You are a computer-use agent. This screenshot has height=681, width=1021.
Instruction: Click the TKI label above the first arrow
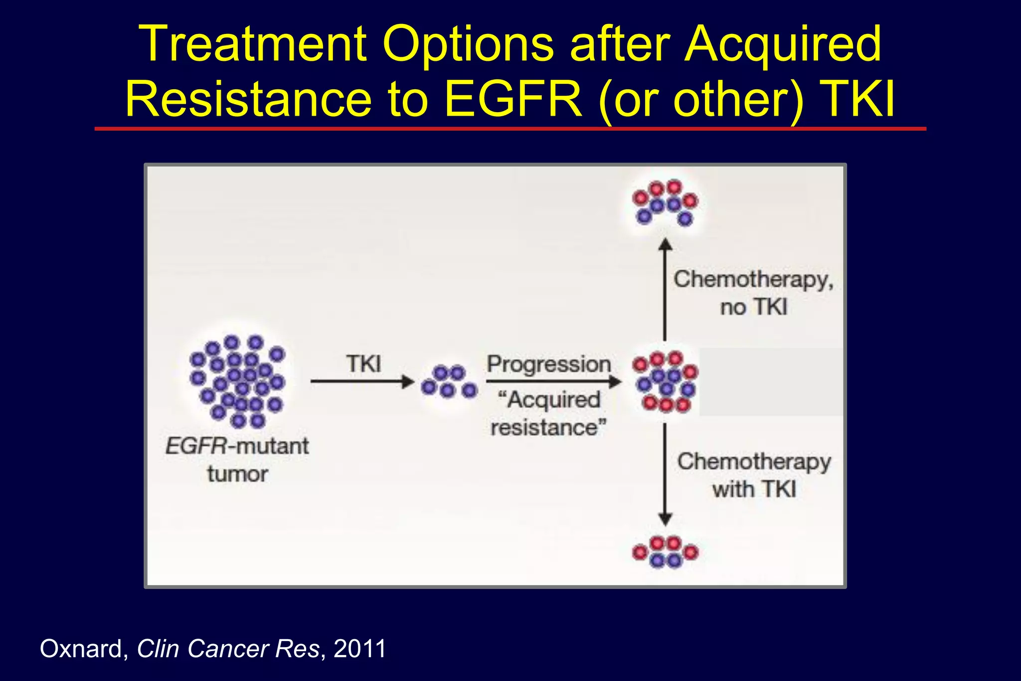pyautogui.click(x=363, y=363)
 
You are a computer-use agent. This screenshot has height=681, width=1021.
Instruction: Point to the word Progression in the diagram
pyautogui.click(x=549, y=363)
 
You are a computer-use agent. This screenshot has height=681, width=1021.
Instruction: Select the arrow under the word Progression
pyautogui.click(x=553, y=382)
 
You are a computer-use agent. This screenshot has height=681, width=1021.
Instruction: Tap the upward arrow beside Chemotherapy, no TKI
pyautogui.click(x=665, y=289)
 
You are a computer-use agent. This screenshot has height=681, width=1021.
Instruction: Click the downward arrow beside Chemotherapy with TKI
pyautogui.click(x=665, y=474)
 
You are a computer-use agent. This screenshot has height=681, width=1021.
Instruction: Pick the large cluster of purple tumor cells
pyautogui.click(x=237, y=381)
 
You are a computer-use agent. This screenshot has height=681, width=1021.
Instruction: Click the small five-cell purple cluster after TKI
pyautogui.click(x=449, y=382)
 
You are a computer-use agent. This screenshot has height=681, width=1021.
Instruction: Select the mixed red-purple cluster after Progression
pyautogui.click(x=666, y=382)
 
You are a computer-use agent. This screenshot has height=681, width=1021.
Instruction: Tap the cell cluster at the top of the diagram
pyautogui.click(x=665, y=202)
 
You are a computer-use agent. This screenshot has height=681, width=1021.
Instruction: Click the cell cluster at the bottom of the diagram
pyautogui.click(x=665, y=552)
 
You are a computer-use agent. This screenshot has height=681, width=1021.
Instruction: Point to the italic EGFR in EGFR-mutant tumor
pyautogui.click(x=196, y=446)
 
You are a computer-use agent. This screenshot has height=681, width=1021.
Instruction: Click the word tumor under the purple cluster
pyautogui.click(x=238, y=474)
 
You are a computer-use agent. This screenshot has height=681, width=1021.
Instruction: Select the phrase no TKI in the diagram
pyautogui.click(x=753, y=307)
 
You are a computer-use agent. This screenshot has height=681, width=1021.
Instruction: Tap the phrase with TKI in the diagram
pyautogui.click(x=753, y=489)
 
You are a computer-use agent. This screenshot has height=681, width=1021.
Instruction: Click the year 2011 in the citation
pyautogui.click(x=360, y=649)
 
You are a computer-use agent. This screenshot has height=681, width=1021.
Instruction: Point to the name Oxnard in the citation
pyautogui.click(x=81, y=649)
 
